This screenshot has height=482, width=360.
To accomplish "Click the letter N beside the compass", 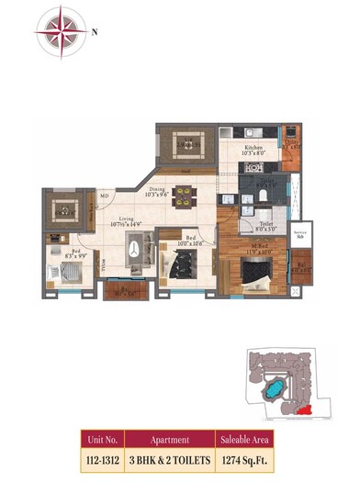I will pos(96,29).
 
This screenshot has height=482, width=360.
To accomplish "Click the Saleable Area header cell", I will pos(247,440).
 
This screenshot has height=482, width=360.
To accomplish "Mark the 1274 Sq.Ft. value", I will pos(247,459).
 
